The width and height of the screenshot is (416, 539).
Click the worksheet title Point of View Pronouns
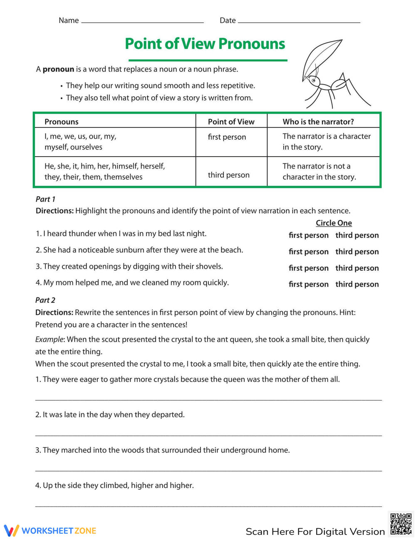point(205,44)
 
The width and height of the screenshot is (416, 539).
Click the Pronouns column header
point(62,122)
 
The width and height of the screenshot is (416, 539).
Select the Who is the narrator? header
point(318,122)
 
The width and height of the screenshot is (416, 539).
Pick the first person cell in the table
point(227,137)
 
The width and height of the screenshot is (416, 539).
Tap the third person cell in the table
point(228,175)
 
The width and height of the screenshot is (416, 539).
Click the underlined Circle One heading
point(334,223)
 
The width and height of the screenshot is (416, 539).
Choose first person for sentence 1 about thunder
point(308,235)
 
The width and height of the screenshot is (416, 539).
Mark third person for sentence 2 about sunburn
point(357,252)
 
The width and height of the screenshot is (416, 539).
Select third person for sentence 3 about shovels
point(357,268)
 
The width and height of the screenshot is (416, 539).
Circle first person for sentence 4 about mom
point(308,284)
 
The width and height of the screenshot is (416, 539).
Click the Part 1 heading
point(45,199)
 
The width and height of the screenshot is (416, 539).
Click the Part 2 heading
point(45,300)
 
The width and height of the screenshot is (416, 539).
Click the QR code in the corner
point(401,524)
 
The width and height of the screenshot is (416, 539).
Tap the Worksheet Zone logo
point(50,531)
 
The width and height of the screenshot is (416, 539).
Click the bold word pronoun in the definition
point(58,69)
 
